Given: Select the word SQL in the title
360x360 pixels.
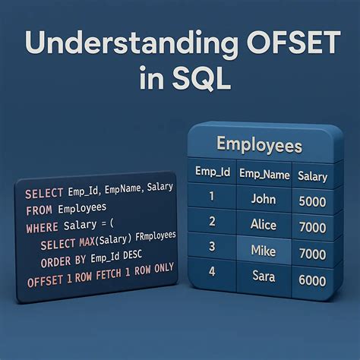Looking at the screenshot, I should click(201, 78).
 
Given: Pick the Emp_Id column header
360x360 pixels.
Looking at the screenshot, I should click(213, 174).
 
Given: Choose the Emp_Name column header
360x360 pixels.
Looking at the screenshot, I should click(264, 175).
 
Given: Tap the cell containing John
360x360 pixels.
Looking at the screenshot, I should click(263, 200).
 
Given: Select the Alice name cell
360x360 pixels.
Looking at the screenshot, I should click(263, 225).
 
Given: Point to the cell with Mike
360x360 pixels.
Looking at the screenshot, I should click(263, 250).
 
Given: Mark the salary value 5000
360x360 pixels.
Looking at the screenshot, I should click(313, 203).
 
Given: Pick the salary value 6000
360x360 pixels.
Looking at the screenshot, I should click(313, 279).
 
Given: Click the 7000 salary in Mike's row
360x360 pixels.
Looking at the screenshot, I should click(313, 254).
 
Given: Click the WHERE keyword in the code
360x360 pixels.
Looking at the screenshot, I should click(43, 226).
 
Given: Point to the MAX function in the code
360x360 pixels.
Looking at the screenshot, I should click(90, 242).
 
